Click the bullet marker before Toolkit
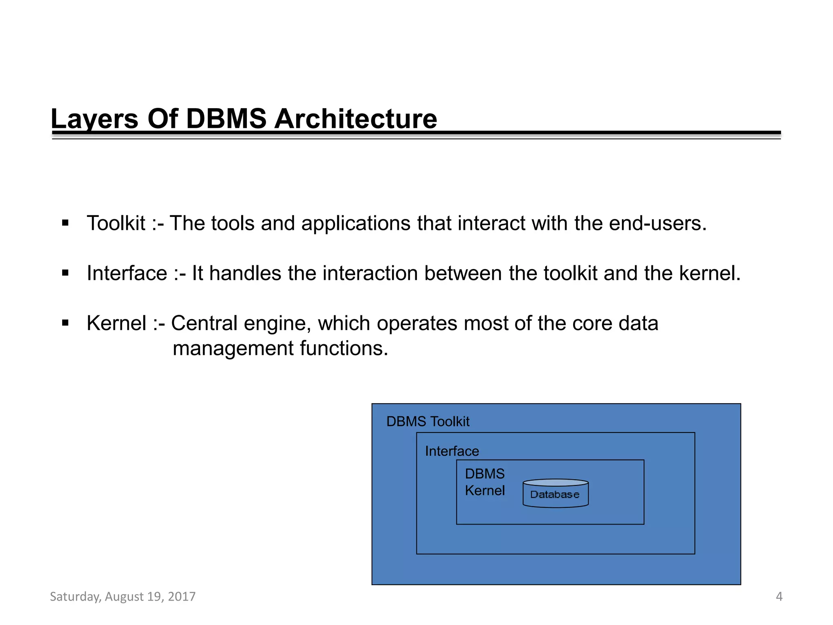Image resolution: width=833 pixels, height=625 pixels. point(65,223)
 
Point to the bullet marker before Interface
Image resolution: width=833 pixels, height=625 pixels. point(65,273)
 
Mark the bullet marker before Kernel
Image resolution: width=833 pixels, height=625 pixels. point(65,323)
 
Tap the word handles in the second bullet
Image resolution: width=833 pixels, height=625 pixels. point(245,273)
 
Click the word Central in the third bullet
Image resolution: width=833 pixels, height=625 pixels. point(204,323)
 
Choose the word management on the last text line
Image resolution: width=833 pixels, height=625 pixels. point(233,349)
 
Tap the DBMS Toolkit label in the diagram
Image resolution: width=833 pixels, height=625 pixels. point(428,422)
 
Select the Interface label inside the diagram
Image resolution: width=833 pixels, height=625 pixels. point(452,451)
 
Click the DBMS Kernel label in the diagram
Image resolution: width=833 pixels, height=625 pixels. point(485,482)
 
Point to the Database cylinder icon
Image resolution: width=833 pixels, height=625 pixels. point(555,494)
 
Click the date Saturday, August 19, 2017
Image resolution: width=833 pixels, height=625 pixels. point(123,597)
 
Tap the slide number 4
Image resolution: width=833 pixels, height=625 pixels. point(779,597)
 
